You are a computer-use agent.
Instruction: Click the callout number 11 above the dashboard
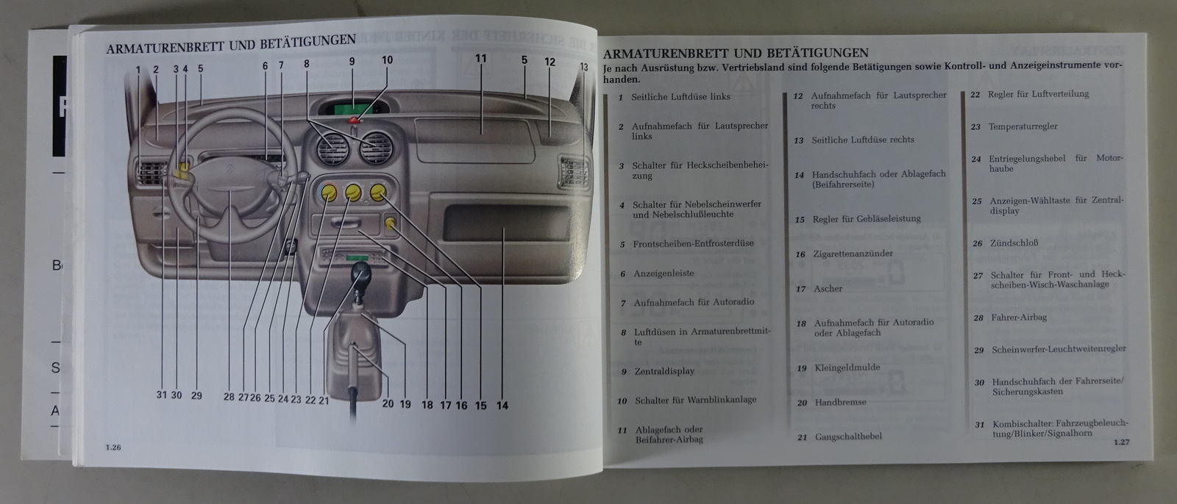[x=481, y=59]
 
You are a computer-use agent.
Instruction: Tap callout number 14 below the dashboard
[x=502, y=405]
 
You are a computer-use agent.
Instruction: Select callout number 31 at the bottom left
[x=162, y=395]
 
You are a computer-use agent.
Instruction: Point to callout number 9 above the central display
[x=352, y=62]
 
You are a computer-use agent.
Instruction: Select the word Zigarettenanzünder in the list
[x=853, y=253]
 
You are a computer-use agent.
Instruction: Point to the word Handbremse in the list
[x=840, y=402]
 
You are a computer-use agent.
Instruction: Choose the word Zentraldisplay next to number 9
[x=664, y=371]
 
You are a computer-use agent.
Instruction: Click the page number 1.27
[x=1120, y=442]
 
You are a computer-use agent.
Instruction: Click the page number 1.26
[x=113, y=447]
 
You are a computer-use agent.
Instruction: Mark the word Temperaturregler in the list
[x=1023, y=126]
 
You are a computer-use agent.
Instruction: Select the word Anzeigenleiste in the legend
[x=663, y=273]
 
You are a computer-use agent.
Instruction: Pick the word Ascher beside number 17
[x=828, y=289]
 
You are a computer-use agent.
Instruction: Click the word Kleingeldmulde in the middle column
[x=847, y=367]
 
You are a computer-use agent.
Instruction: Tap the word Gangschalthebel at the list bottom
[x=848, y=436]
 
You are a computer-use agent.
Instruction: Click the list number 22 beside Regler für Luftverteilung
[x=975, y=94]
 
